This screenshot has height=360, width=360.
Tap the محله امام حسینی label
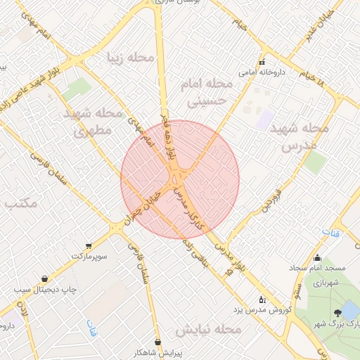210,92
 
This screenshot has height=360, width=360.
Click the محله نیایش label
208,329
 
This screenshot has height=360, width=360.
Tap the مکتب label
21,204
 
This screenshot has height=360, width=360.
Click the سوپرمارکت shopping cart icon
89,246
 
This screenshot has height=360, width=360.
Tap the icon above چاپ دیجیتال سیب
45,278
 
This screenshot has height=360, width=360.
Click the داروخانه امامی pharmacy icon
262,61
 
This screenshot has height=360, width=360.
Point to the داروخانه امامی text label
261,72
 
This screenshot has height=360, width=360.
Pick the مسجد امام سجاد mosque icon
318,257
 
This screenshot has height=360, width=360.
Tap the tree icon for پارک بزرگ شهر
338,311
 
